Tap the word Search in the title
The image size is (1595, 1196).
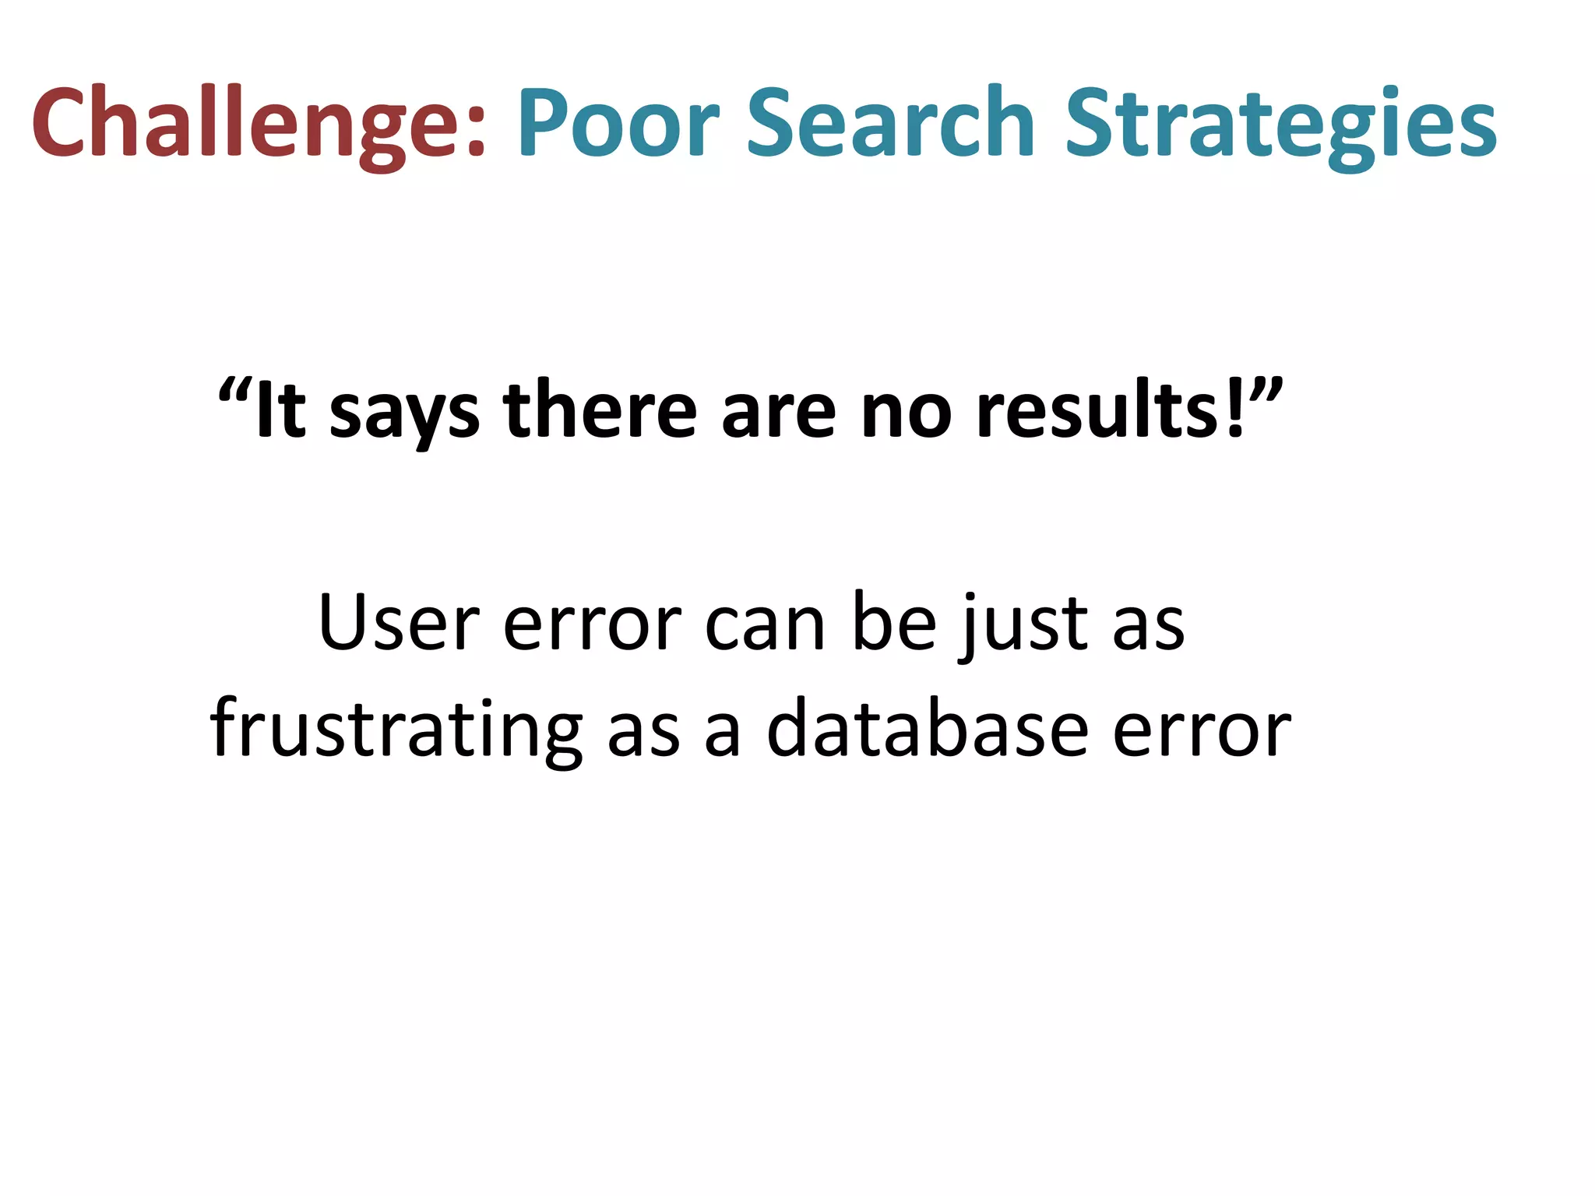point(890,123)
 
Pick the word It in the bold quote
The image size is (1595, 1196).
point(280,410)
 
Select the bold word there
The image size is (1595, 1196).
point(600,410)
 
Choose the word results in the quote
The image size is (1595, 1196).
point(1100,410)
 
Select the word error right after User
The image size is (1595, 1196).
point(592,627)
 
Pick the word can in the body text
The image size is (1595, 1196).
point(765,627)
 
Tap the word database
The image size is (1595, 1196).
point(927,729)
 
